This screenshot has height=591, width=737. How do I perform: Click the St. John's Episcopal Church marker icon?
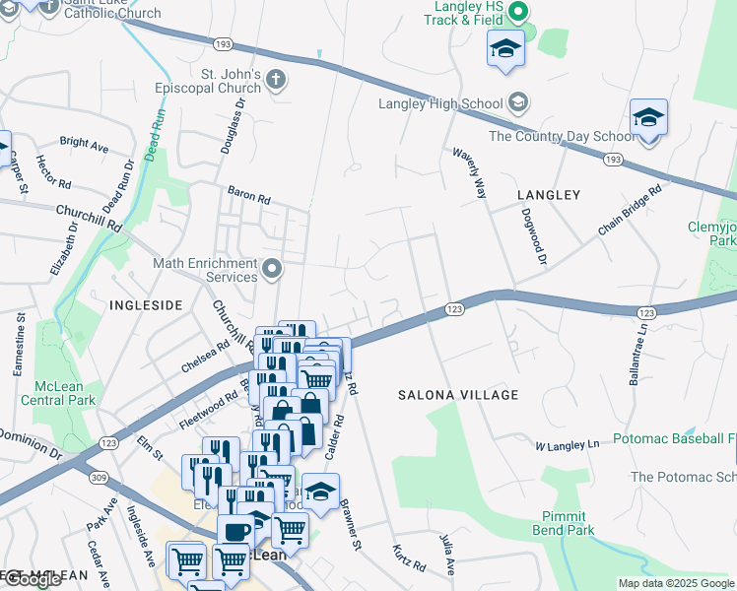(277, 82)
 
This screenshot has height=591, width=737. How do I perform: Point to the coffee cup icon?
(235, 531)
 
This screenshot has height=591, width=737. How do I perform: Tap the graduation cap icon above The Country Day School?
(649, 119)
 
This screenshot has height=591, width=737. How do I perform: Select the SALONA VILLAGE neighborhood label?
(457, 395)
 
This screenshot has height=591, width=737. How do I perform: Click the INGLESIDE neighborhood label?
(146, 305)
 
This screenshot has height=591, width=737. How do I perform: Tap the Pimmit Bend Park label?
(569, 523)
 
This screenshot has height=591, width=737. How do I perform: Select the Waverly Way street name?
(469, 173)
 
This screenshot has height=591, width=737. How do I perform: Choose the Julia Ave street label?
(447, 554)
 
